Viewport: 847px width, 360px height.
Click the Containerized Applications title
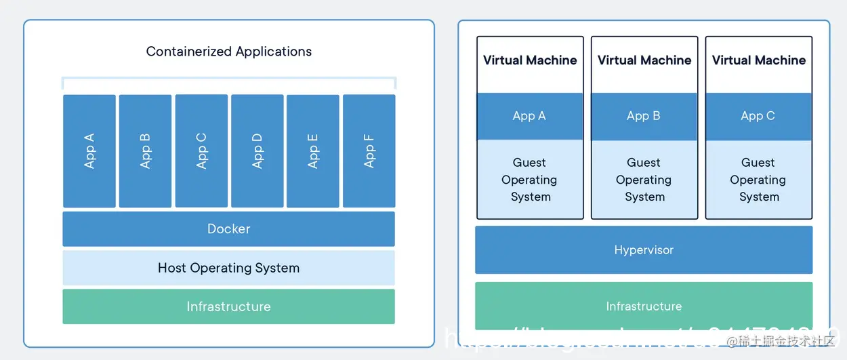tap(229, 52)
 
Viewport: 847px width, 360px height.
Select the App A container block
tap(89, 151)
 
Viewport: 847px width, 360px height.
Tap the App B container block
tap(145, 151)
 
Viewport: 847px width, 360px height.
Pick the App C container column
tap(201, 151)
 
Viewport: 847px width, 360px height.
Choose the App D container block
tap(257, 151)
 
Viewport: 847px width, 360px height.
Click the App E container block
tap(312, 151)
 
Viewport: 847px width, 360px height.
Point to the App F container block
tap(369, 151)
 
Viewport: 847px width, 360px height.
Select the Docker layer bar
tap(228, 229)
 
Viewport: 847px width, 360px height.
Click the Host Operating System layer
tap(228, 268)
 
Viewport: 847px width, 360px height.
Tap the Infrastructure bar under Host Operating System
tap(228, 306)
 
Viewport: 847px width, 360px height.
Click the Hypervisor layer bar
tap(644, 250)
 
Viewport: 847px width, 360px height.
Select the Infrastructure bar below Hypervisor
tap(644, 306)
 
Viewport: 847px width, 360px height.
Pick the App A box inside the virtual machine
tap(530, 116)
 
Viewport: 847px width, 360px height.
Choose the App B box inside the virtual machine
tap(644, 116)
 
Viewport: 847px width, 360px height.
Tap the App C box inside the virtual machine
tap(758, 116)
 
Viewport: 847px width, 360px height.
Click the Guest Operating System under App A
tap(530, 180)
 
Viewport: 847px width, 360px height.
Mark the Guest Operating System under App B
tap(644, 180)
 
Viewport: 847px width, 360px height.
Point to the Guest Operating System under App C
tap(758, 180)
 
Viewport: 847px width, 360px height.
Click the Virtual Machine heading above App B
tap(644, 60)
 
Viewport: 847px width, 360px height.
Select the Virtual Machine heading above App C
tap(758, 60)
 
